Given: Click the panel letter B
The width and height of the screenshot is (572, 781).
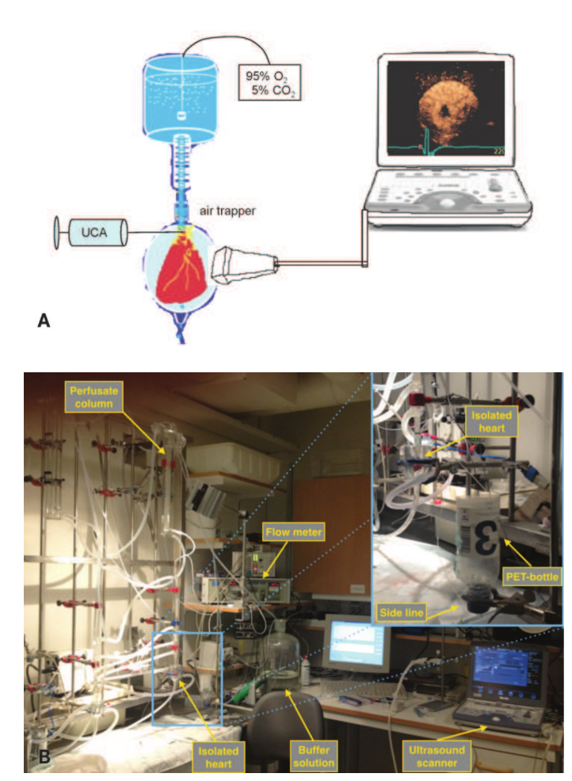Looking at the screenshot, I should (x=45, y=756).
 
